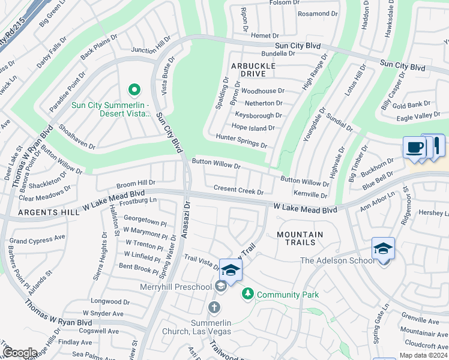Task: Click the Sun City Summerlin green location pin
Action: pos(134,91)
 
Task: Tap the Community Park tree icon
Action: pos(246,294)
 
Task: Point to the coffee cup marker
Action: pos(414,148)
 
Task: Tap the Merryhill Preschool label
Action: pos(176,287)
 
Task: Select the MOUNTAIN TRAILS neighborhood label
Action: pos(300,238)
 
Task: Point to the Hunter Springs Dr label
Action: pos(242,140)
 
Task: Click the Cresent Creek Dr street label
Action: pos(238,189)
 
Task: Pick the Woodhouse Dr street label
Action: pos(263,91)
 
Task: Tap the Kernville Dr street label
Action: pos(310,194)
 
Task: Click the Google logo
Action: pos(19,353)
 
